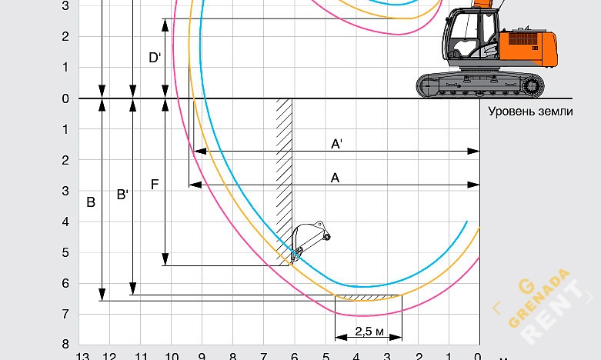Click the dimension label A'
coord(336,144)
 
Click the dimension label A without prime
coord(335,178)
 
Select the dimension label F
coord(155,185)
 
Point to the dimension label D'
coord(155,58)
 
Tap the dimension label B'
coord(122,195)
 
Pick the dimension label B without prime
coord(91,202)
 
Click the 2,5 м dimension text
coord(369,332)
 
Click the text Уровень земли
coord(530,112)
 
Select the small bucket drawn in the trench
coord(309,242)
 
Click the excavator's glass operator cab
coord(471,35)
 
